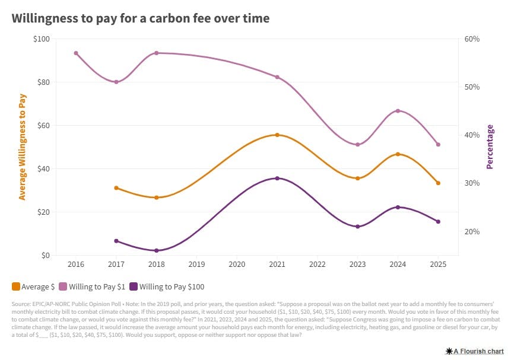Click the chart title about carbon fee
(x=140, y=18)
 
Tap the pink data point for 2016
(x=76, y=53)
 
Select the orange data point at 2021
(x=277, y=135)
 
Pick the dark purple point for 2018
(x=157, y=251)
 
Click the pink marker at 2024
(x=398, y=111)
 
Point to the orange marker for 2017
(x=116, y=188)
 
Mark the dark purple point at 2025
(x=438, y=222)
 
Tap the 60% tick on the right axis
(x=472, y=39)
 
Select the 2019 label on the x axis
(x=196, y=263)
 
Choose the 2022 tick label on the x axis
(x=318, y=263)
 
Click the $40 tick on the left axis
(x=42, y=169)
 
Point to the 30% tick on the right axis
(x=472, y=183)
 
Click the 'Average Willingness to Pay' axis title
(x=23, y=146)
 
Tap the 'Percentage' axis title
(x=490, y=146)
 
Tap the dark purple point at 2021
(x=277, y=179)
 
